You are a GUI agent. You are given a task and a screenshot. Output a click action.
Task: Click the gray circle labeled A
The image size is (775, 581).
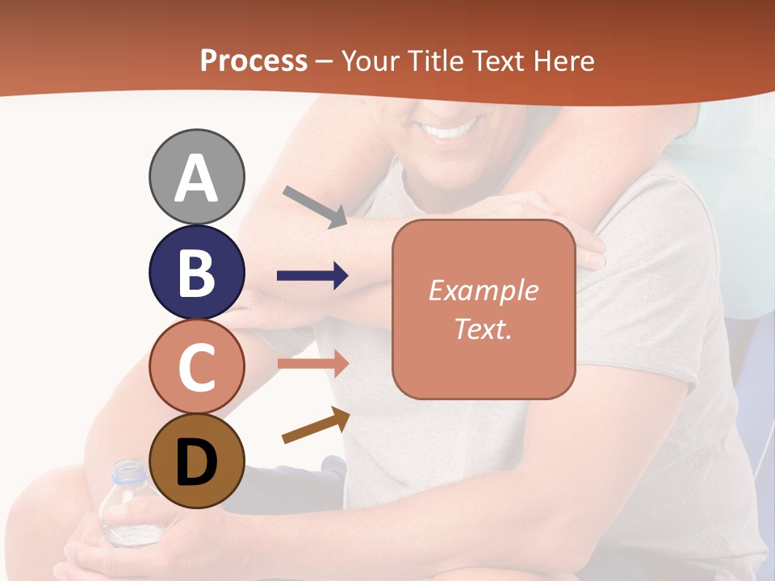(197, 177)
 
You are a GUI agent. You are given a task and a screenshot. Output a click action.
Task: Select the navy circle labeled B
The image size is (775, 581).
(197, 272)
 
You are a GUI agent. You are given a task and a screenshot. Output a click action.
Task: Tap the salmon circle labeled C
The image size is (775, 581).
(197, 366)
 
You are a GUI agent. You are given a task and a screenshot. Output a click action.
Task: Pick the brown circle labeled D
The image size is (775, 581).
(197, 462)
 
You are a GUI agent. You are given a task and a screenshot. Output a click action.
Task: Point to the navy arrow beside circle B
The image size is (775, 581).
(312, 276)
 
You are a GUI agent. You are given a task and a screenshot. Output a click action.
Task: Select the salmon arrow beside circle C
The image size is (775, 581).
(312, 363)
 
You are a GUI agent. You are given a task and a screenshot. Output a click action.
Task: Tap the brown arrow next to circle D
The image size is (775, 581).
(316, 425)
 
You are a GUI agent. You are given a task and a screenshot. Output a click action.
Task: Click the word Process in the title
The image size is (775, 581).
(253, 61)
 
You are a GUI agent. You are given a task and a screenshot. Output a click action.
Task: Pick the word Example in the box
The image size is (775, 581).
(483, 290)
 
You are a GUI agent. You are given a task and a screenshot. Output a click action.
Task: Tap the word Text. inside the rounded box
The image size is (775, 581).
(483, 328)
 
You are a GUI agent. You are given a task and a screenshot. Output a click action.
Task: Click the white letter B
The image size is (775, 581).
(197, 272)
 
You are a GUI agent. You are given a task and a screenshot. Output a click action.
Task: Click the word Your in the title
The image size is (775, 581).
(368, 61)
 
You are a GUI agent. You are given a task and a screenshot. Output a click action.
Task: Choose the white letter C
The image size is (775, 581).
(197, 367)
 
